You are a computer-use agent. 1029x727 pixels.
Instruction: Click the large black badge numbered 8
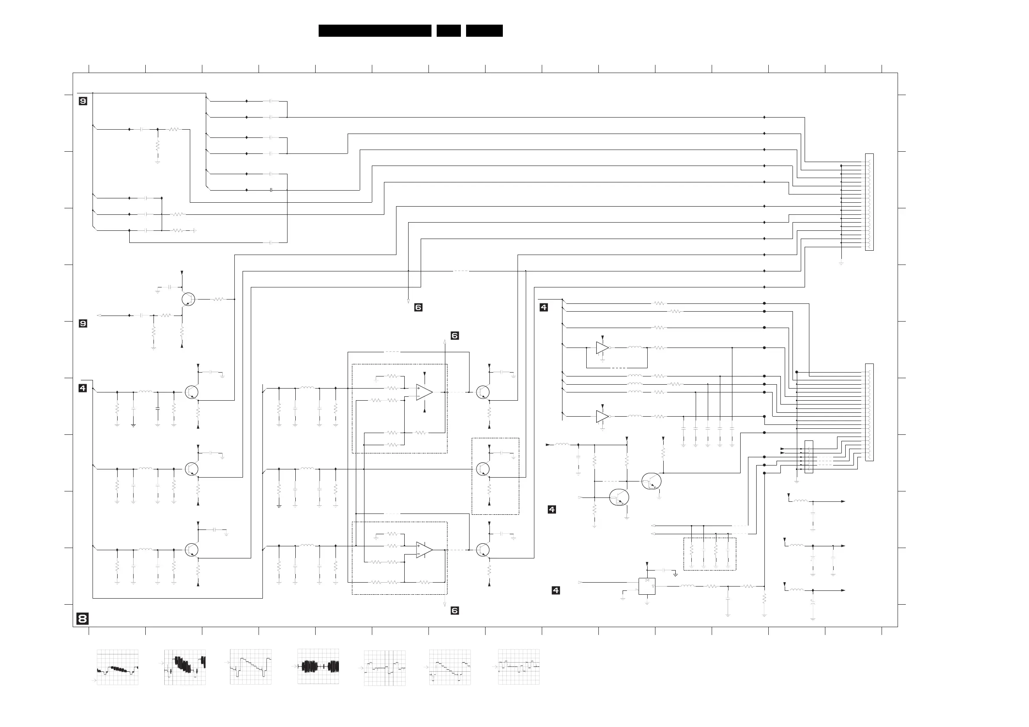(x=83, y=619)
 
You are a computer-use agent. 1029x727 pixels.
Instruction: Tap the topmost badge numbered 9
(x=83, y=101)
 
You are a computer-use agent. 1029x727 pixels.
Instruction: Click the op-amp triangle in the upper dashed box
(x=424, y=392)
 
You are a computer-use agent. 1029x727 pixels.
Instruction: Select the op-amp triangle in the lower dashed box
(x=424, y=550)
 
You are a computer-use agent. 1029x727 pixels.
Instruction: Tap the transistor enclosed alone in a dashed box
(x=483, y=469)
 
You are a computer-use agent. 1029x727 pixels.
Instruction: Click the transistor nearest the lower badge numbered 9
(x=188, y=299)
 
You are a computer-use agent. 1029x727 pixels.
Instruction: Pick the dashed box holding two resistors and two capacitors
(x=709, y=554)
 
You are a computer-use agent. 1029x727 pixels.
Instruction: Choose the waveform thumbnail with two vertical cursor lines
(x=384, y=668)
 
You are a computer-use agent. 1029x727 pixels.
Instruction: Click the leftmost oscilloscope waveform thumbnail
(x=118, y=667)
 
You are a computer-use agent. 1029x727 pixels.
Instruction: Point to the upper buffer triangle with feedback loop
(x=602, y=348)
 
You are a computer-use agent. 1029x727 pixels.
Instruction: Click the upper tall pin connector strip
(x=869, y=202)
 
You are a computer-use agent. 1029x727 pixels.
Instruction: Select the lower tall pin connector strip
(x=869, y=412)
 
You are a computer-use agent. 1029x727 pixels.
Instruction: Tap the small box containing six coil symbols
(x=808, y=457)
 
